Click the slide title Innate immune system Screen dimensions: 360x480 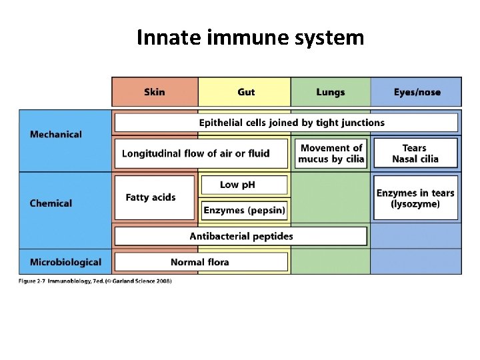(x=250, y=38)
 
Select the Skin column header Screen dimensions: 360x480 (x=155, y=92)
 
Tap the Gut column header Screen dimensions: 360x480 (x=245, y=92)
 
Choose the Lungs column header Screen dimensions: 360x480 (x=331, y=92)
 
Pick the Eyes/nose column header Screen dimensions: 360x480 (x=417, y=92)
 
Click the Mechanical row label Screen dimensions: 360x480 (x=56, y=134)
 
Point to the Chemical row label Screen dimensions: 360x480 (x=51, y=203)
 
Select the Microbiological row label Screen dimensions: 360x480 (x=65, y=262)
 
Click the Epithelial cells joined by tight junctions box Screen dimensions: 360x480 (x=287, y=123)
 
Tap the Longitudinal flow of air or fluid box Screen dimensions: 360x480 (x=201, y=153)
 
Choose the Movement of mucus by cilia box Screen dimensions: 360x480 (x=331, y=153)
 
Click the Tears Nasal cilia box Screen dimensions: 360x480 (x=415, y=153)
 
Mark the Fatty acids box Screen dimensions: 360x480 (x=155, y=197)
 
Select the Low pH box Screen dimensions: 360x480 (x=244, y=185)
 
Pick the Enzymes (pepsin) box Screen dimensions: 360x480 (x=244, y=211)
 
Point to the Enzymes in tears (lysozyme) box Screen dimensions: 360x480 (x=415, y=198)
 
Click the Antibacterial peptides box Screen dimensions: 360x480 (x=241, y=236)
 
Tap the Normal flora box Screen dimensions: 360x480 (x=201, y=262)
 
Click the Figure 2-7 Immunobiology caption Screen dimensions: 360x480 (x=95, y=281)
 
